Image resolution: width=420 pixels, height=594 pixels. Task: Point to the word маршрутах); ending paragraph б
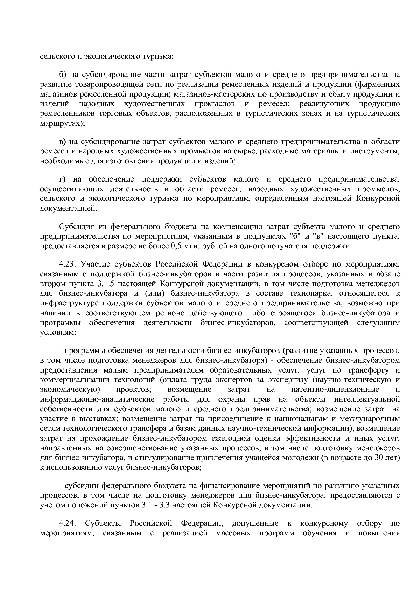(62, 123)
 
